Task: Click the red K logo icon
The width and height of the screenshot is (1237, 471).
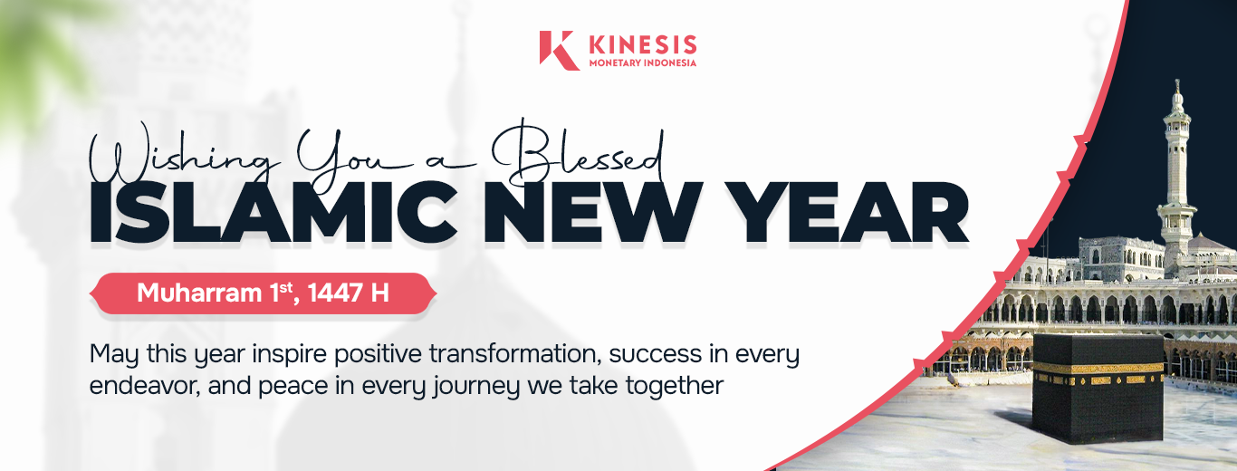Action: (559, 50)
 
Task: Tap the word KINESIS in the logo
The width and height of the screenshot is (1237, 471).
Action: (643, 45)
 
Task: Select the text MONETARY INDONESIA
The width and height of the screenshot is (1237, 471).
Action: (643, 62)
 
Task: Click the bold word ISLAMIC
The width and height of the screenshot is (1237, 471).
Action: (273, 213)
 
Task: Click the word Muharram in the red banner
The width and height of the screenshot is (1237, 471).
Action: (199, 293)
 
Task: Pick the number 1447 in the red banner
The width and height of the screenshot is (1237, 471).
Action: (335, 293)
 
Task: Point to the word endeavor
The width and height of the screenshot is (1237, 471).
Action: (144, 386)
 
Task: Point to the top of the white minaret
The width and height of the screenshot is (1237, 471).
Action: (1177, 82)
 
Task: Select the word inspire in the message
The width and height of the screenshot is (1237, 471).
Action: (289, 354)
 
